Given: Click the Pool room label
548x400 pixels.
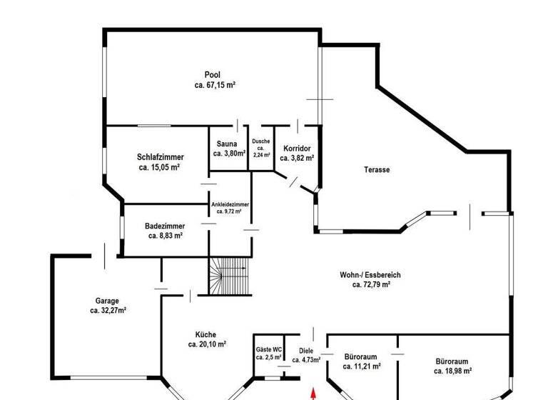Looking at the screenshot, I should point(212,75).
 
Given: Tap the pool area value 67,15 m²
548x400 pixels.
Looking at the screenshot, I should point(215,85).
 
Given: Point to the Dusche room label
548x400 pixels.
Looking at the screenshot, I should point(260,141).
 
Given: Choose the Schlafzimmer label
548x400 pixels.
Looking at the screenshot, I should point(161,157).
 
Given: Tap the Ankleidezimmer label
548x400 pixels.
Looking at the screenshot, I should point(230,204).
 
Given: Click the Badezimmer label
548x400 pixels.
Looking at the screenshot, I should point(165,226).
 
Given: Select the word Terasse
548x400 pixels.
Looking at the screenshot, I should point(376,170).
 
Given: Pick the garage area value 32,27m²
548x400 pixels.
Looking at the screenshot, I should point(108,311).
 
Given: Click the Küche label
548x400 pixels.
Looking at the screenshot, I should point(205,334).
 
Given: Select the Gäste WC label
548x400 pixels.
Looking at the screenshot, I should point(269,349).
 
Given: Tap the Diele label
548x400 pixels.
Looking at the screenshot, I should point(306,351).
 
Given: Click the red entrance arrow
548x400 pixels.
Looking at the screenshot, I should point(313,393).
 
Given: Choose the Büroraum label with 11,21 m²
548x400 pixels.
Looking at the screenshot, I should point(360,356).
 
